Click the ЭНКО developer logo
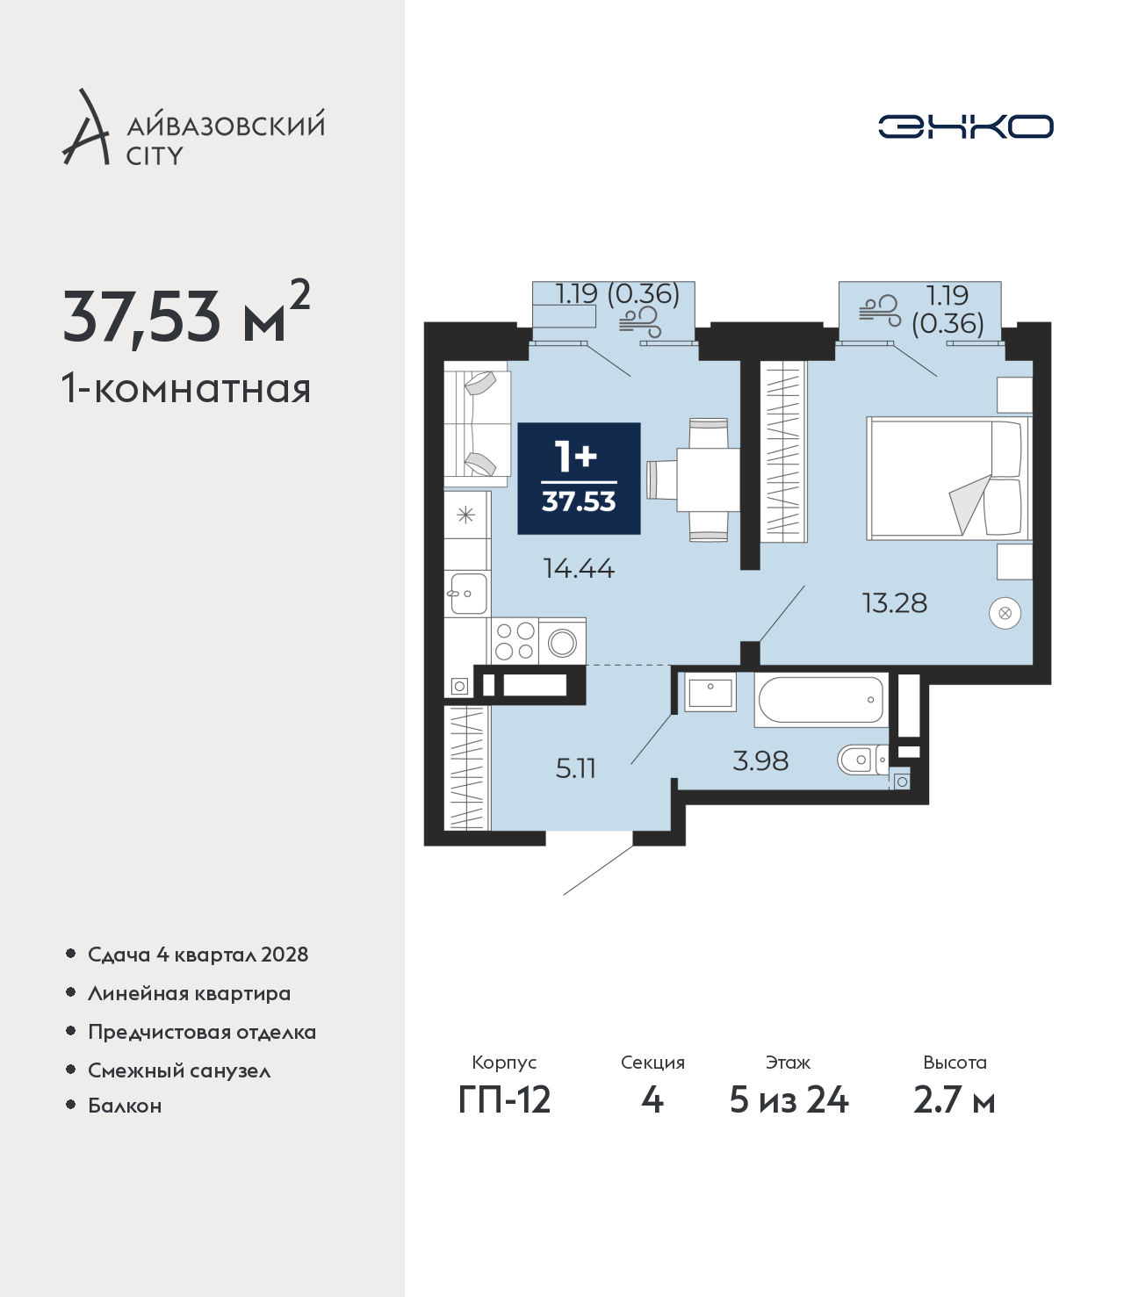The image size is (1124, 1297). click(x=965, y=126)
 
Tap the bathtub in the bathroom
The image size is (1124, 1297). click(x=821, y=700)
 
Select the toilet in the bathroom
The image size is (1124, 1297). click(x=863, y=760)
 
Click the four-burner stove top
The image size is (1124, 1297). click(x=515, y=641)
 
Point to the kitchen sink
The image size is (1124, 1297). click(x=467, y=593)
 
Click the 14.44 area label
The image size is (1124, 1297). click(x=579, y=568)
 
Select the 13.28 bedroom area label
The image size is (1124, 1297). click(x=894, y=603)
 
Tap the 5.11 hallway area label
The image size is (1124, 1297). click(x=575, y=768)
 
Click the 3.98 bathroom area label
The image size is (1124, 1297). click(x=760, y=760)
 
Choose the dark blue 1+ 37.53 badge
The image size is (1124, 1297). click(x=579, y=478)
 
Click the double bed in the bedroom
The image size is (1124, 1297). click(x=949, y=478)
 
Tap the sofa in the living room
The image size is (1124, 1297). click(x=477, y=428)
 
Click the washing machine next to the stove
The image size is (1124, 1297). click(x=562, y=641)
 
